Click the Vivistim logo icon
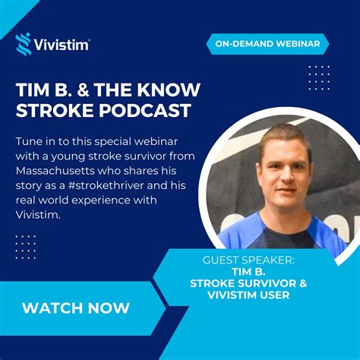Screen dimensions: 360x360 coord(24,43)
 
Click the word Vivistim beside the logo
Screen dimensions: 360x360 coord(62,45)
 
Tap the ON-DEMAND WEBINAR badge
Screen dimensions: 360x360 coord(267,44)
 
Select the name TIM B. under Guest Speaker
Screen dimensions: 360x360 coord(248,272)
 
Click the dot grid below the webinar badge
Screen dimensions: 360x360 coord(319,77)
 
